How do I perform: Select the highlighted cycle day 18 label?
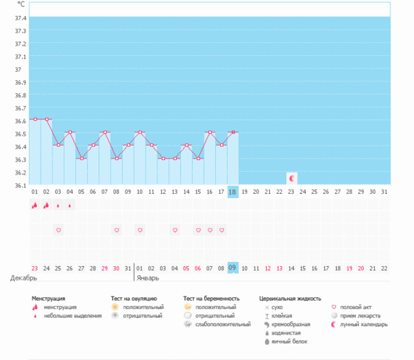click(233, 192)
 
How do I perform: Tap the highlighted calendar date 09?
click(233, 268)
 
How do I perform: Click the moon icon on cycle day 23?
click(291, 178)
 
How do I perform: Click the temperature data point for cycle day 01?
click(35, 119)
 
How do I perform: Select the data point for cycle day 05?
click(81, 159)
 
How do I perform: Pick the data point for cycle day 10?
click(139, 132)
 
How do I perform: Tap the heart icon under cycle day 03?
click(58, 230)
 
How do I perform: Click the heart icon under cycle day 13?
click(175, 230)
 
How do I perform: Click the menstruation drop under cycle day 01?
click(34, 206)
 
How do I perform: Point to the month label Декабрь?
click(23, 278)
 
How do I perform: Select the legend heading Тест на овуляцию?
click(134, 299)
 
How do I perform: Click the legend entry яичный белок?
click(288, 341)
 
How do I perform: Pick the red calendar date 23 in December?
click(34, 268)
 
